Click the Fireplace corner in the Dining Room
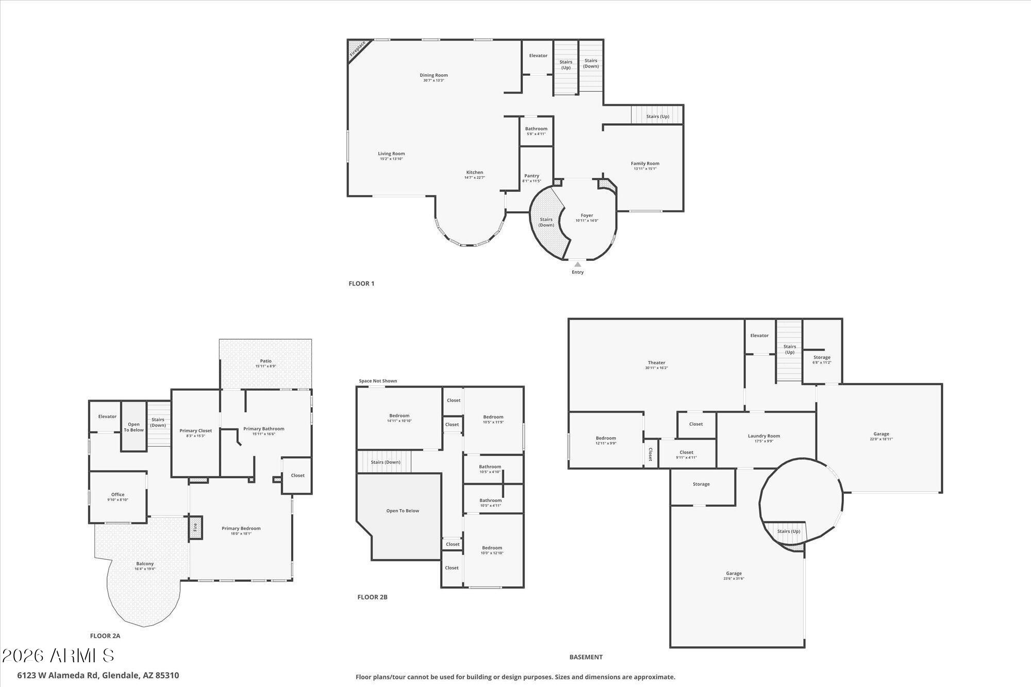[357, 49]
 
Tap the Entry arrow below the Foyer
[577, 264]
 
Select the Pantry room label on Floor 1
[531, 176]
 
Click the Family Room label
[645, 164]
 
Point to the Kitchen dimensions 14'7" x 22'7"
[474, 178]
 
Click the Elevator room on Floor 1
[538, 56]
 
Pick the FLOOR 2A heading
[105, 636]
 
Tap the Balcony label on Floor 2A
[145, 564]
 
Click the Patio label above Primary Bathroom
[265, 361]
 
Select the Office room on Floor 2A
[118, 495]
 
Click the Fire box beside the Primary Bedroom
[195, 528]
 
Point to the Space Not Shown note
[378, 381]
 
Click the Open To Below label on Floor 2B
[403, 511]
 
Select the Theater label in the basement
[656, 363]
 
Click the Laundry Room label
[763, 436]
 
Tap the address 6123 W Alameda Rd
[98, 675]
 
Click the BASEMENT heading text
[586, 657]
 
